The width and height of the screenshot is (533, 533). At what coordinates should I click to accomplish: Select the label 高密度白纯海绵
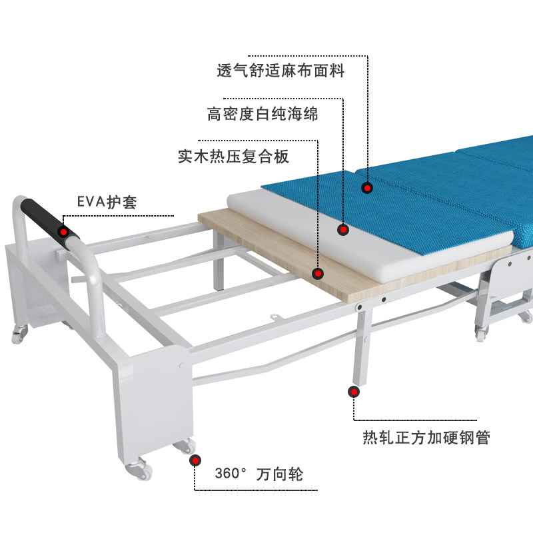[x=263, y=115]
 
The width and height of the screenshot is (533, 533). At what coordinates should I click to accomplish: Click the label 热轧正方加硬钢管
[x=426, y=438]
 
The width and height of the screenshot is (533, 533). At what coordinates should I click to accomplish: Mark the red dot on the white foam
[x=343, y=230]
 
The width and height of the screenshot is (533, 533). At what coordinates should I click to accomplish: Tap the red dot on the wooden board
[x=318, y=273]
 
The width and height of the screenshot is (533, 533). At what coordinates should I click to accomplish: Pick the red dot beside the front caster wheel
[x=195, y=460]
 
